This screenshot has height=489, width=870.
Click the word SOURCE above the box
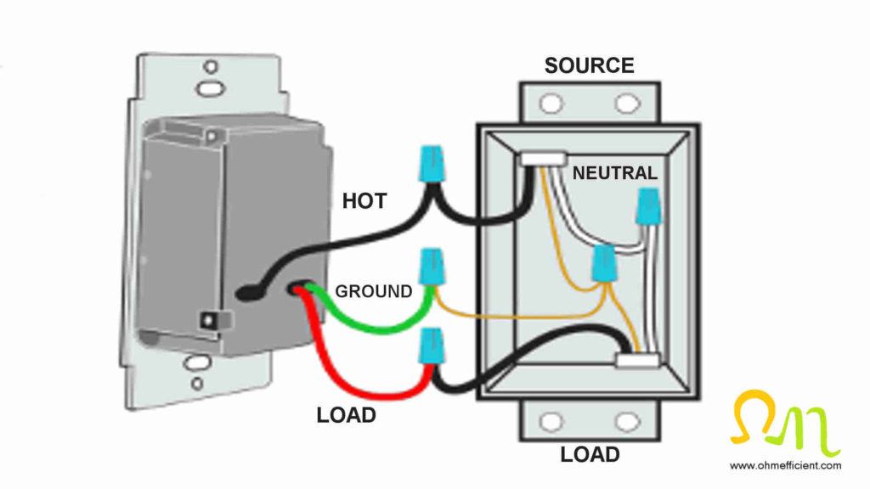tap(589, 65)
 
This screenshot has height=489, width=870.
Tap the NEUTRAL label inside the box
tap(615, 173)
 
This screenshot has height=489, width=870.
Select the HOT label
tap(364, 201)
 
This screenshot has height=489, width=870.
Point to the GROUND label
tap(373, 291)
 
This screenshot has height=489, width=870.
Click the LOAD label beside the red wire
tap(346, 416)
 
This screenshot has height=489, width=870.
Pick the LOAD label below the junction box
tap(589, 454)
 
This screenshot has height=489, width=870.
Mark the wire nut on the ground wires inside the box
tap(604, 264)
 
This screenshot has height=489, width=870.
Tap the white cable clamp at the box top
tap(543, 158)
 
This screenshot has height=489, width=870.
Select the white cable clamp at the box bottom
tap(638, 361)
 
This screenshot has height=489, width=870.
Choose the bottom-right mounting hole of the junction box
tap(627, 421)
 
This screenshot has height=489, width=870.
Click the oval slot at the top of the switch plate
tap(205, 87)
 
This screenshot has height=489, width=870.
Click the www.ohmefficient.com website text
tap(785, 465)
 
